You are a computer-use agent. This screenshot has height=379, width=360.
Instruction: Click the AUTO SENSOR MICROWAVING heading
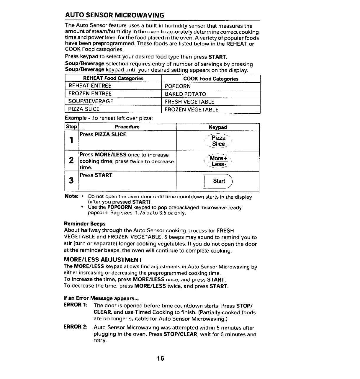[x=114, y=15]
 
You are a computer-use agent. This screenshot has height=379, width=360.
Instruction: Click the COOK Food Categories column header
[x=211, y=79]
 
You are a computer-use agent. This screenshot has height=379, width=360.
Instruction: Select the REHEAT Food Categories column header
[x=113, y=79]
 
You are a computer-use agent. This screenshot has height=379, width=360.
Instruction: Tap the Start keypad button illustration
[x=219, y=181]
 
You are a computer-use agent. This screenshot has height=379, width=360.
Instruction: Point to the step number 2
[x=71, y=161]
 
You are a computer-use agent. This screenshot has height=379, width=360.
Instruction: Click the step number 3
[x=71, y=180]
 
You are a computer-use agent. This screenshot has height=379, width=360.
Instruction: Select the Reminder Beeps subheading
[x=85, y=224]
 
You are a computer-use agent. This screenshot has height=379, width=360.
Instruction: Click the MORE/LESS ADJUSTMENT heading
[x=103, y=260]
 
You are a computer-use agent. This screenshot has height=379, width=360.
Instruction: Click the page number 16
[x=160, y=358]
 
